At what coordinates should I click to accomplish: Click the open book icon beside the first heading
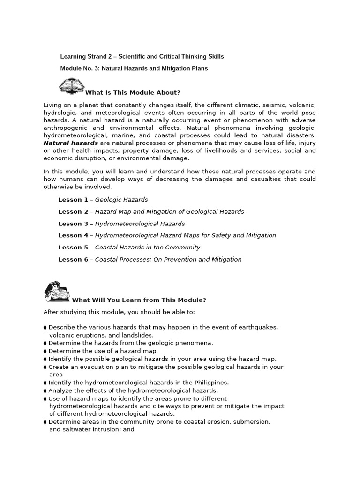[72, 86]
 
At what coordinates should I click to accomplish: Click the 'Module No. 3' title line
[134, 68]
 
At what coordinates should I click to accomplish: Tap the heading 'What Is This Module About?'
[133, 92]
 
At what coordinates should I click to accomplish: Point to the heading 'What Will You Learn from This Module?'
[139, 300]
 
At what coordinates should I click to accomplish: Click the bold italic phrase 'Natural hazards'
[71, 143]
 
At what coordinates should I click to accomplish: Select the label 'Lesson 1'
[73, 200]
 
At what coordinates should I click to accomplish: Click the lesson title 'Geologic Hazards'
[121, 200]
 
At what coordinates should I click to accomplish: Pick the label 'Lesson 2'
[73, 211]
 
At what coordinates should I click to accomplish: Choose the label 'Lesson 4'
[73, 235]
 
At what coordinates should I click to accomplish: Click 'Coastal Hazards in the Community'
[147, 247]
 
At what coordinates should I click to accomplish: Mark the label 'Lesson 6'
[73, 259]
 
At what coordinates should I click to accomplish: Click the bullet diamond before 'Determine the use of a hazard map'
[45, 351]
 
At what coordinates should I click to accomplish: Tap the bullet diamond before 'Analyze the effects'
[45, 390]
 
